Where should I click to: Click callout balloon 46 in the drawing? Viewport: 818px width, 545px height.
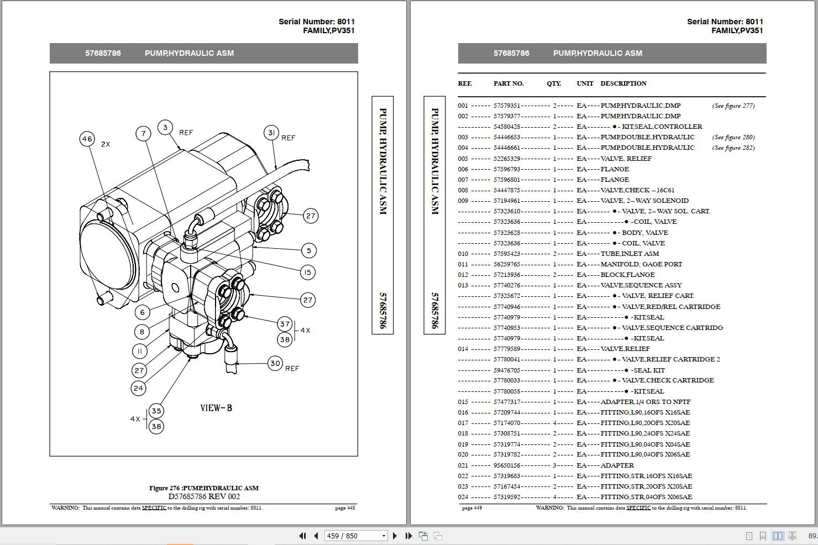coord(87,139)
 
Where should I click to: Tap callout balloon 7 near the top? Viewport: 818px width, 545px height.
coord(144,133)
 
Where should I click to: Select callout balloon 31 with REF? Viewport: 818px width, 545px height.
coord(271,133)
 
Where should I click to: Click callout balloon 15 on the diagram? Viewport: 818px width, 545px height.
coord(308,272)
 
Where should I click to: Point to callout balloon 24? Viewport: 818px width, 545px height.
coord(138,388)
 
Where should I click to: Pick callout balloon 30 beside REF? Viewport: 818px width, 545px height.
coord(275,363)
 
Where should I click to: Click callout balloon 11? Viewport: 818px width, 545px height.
coord(140,351)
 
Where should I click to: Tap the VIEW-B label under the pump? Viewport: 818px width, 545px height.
coord(216,408)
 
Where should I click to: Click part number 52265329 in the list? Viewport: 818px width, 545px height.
coord(507,159)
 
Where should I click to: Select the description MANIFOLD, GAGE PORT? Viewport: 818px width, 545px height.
coord(641,264)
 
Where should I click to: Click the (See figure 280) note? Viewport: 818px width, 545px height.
coord(733,137)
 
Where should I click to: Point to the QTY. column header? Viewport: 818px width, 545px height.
coord(554,83)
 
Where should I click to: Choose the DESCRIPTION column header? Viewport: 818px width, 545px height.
coord(623,83)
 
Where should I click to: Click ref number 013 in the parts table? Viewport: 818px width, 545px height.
coord(463,285)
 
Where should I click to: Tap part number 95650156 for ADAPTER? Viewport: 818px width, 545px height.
coord(507,465)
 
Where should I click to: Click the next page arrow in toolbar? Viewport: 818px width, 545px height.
coord(395,536)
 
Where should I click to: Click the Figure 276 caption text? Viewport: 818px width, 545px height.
coord(204,488)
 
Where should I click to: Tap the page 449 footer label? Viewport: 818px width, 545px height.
coord(471,508)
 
